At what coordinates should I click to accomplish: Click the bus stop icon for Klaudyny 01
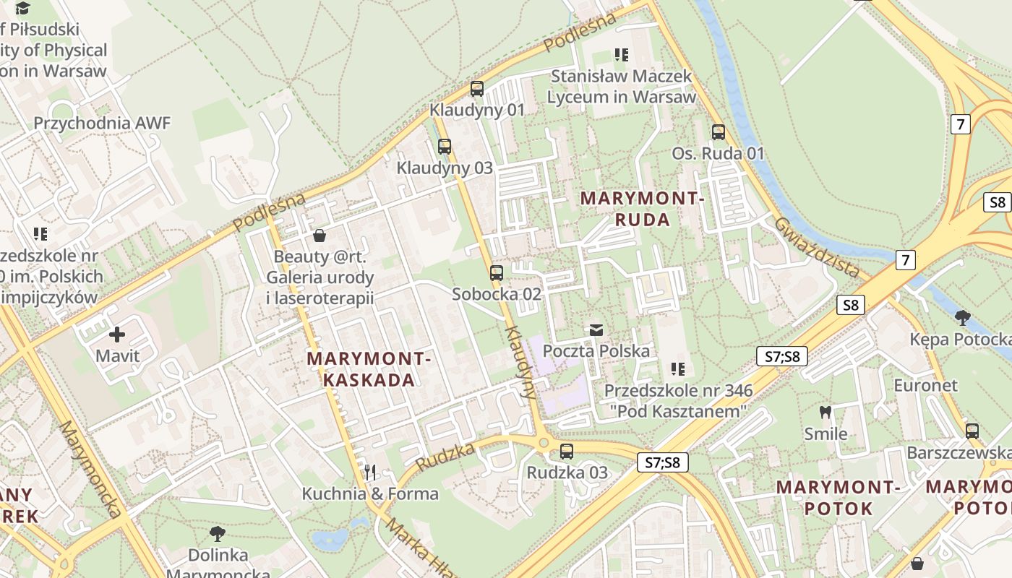pyautogui.click(x=477, y=89)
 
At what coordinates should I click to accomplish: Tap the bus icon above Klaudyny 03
pyautogui.click(x=445, y=147)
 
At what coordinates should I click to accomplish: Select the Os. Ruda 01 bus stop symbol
pyautogui.click(x=718, y=132)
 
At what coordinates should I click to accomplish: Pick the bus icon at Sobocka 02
pyautogui.click(x=496, y=273)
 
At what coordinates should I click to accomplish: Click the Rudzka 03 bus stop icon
pyautogui.click(x=567, y=452)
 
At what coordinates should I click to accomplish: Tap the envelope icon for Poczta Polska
pyautogui.click(x=596, y=330)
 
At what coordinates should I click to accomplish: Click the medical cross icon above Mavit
pyautogui.click(x=117, y=335)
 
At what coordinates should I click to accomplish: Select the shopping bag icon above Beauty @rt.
pyautogui.click(x=320, y=236)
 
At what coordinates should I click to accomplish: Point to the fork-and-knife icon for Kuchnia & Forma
pyautogui.click(x=370, y=473)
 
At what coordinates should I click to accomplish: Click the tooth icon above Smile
pyautogui.click(x=826, y=413)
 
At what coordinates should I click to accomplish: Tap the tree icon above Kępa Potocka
pyautogui.click(x=962, y=317)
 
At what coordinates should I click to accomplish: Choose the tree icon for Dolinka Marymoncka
pyautogui.click(x=217, y=534)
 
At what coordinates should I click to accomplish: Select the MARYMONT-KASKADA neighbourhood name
pyautogui.click(x=369, y=368)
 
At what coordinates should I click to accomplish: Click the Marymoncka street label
pyautogui.click(x=90, y=470)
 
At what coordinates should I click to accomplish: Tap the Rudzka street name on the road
pyautogui.click(x=445, y=457)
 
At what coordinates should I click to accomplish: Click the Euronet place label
pyautogui.click(x=925, y=385)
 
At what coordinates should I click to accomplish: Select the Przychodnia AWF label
pyautogui.click(x=102, y=123)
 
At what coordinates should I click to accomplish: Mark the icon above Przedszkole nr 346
pyautogui.click(x=677, y=369)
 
